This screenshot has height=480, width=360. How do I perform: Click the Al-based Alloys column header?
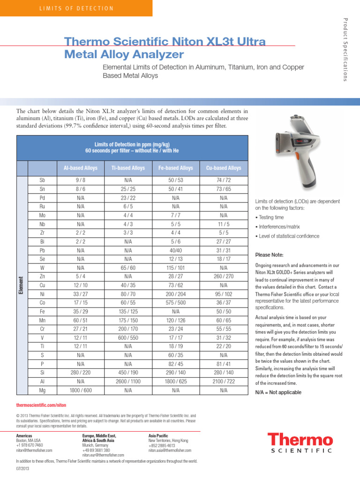(x=81, y=168)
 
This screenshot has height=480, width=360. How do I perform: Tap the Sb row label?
(x=42, y=180)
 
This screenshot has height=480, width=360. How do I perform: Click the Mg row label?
(x=42, y=390)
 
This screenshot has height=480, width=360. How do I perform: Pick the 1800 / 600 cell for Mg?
(x=81, y=390)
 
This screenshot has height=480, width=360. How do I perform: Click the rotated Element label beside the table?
(x=22, y=285)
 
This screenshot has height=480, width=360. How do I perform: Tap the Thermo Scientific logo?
(x=300, y=443)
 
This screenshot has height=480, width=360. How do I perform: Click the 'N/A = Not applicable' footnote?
(x=278, y=392)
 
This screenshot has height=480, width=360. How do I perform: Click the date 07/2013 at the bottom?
(x=22, y=469)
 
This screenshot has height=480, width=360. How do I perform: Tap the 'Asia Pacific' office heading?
(x=159, y=435)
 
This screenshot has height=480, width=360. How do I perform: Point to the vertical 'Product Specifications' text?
(x=345, y=49)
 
